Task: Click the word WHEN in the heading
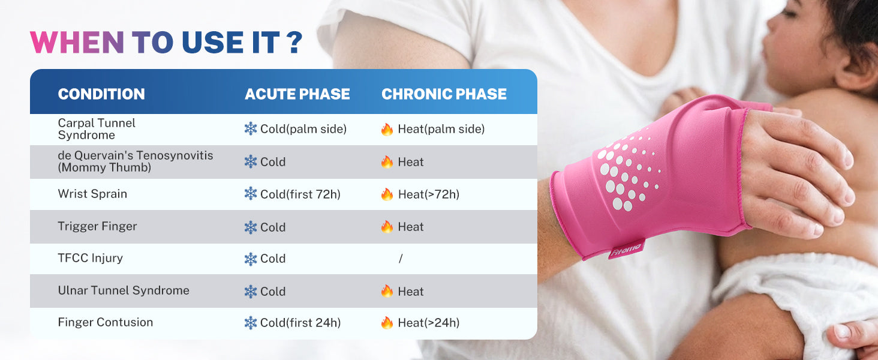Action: (77, 42)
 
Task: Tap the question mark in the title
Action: (294, 42)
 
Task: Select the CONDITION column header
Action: (101, 94)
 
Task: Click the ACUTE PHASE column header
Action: (297, 94)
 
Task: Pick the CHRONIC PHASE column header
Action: (444, 94)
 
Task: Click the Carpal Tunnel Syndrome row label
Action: (97, 129)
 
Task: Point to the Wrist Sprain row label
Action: (92, 194)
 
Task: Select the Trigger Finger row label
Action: (97, 226)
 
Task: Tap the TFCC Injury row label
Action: (90, 258)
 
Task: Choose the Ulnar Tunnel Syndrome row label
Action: (124, 290)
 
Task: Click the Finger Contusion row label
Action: (106, 322)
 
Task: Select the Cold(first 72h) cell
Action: (293, 194)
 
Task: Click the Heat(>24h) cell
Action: (420, 323)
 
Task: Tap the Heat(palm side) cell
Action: (433, 129)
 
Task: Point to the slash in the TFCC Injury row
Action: (400, 259)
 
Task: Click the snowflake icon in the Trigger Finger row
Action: (251, 227)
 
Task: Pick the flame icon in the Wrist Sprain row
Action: (387, 194)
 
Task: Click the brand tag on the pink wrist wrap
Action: (626, 249)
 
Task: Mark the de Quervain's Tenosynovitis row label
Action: (135, 161)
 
